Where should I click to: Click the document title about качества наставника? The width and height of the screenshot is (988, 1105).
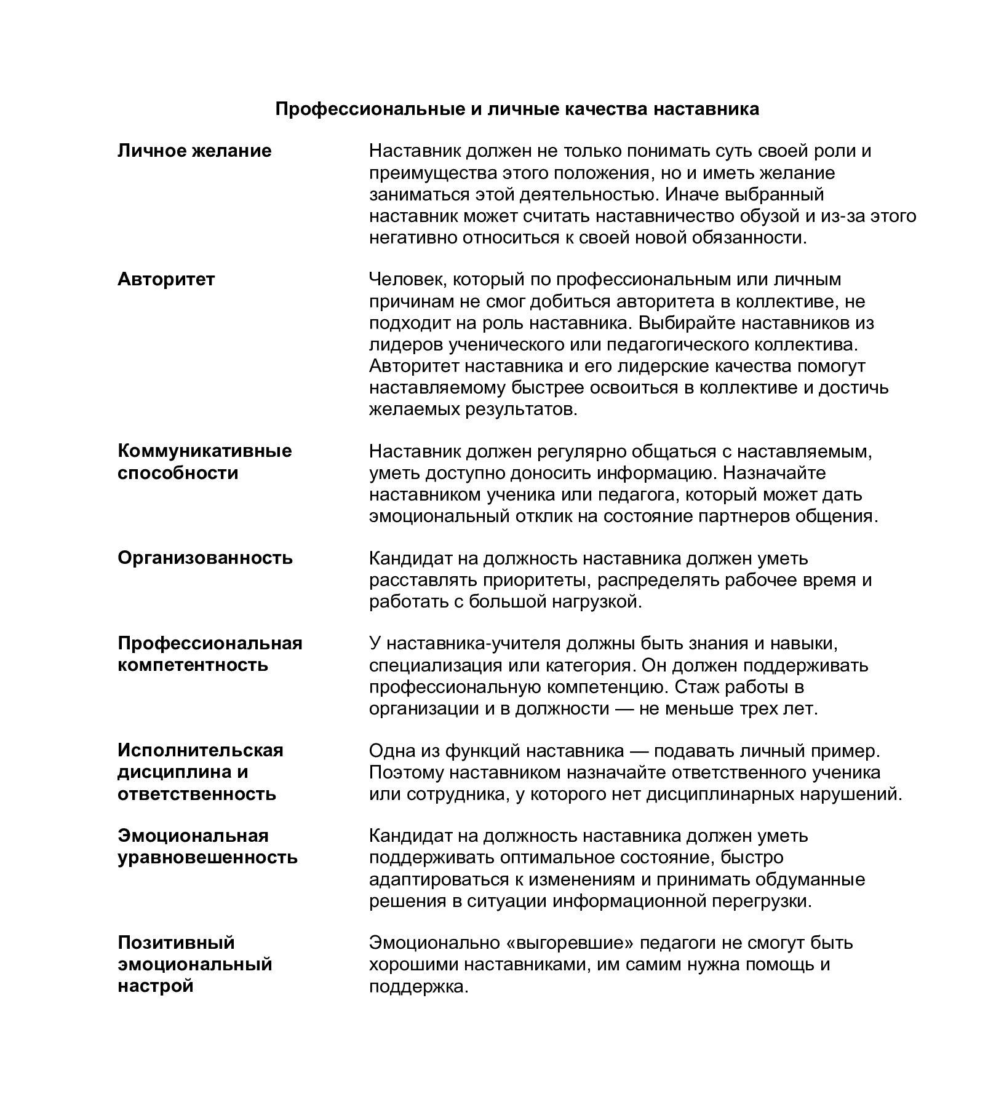(x=517, y=109)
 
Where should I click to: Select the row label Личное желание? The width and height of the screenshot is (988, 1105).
(x=194, y=151)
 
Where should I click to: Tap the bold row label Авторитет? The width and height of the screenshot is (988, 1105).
(x=166, y=279)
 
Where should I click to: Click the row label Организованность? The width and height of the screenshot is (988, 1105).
(x=205, y=558)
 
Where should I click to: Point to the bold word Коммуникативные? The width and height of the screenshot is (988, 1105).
(x=204, y=451)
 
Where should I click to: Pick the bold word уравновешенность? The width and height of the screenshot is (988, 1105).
(x=207, y=857)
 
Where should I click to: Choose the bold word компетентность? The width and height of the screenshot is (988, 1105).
(x=193, y=665)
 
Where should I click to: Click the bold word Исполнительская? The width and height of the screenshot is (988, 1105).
(x=201, y=750)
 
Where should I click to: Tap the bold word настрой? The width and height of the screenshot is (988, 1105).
(x=156, y=986)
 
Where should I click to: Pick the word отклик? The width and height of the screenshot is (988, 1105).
(x=544, y=516)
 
